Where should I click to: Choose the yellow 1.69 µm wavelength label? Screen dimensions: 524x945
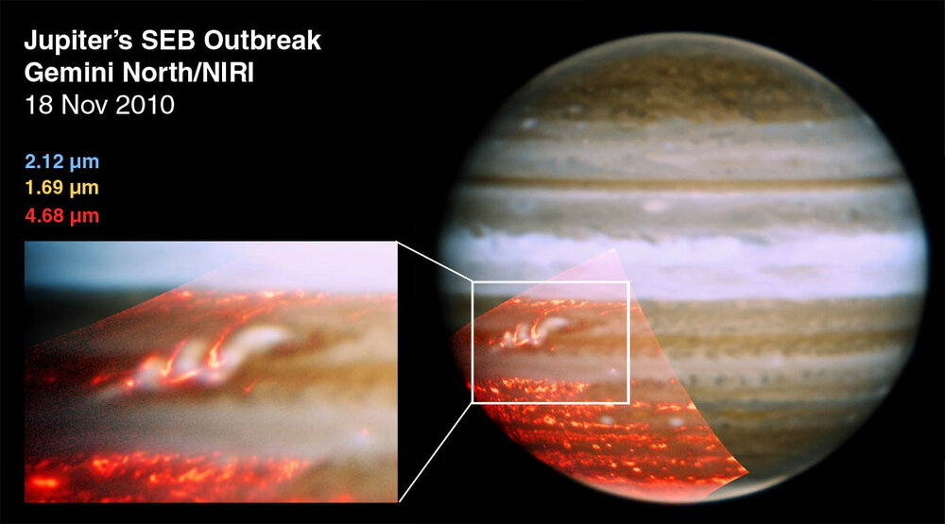pos(61,188)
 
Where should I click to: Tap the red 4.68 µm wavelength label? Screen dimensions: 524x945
pos(61,216)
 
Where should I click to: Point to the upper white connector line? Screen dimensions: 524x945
pos(435,262)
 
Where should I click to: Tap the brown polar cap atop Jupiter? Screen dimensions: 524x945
pos(680,90)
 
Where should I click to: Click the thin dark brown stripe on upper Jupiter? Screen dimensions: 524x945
pos(680,179)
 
